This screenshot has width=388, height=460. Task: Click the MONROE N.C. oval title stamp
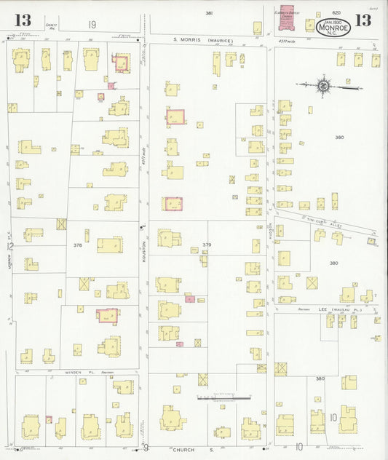coord(332,28)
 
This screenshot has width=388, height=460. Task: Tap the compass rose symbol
coord(322,86)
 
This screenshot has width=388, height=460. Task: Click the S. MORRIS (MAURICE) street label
coord(203,40)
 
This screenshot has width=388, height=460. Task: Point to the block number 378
coord(77,245)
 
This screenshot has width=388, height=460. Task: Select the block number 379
coord(207,245)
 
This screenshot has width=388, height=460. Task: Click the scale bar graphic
coord(218,397)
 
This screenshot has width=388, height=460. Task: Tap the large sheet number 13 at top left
coord(23,20)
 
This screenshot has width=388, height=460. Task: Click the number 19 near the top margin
coord(92,25)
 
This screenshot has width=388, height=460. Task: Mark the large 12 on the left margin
coord(9,247)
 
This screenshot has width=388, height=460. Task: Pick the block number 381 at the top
coord(209,13)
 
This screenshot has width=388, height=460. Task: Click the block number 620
coord(336,13)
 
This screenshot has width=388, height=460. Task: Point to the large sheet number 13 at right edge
coord(376,338)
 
